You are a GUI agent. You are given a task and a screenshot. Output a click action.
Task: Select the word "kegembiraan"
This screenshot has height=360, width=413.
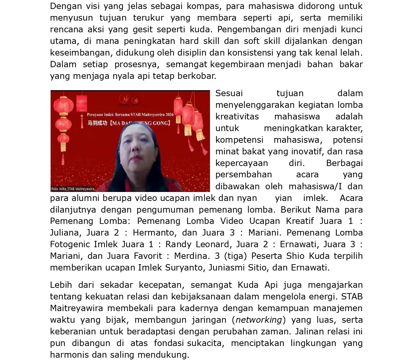[x=237, y=64]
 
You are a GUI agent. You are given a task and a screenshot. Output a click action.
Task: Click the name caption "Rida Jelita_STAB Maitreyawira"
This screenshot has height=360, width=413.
[x=73, y=189]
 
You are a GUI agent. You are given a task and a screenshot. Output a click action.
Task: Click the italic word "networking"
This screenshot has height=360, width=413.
[x=259, y=320]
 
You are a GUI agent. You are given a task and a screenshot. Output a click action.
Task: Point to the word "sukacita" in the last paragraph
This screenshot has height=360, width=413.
[x=204, y=343]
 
